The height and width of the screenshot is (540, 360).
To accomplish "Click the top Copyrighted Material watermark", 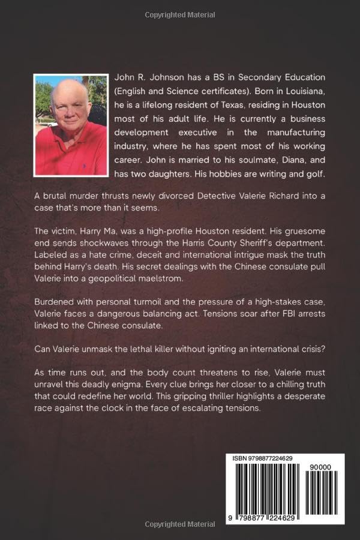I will point(180,11).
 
